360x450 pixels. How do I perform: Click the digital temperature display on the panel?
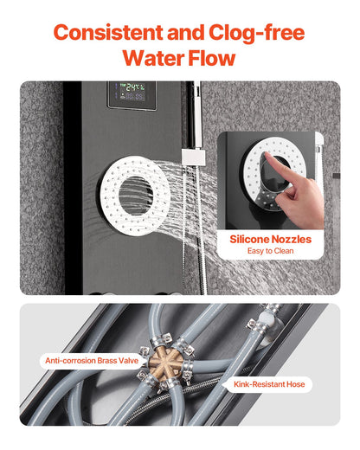pos(132,93)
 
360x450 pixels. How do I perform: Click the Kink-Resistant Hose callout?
pos(269,382)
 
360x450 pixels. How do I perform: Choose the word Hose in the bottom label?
pos(295,382)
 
